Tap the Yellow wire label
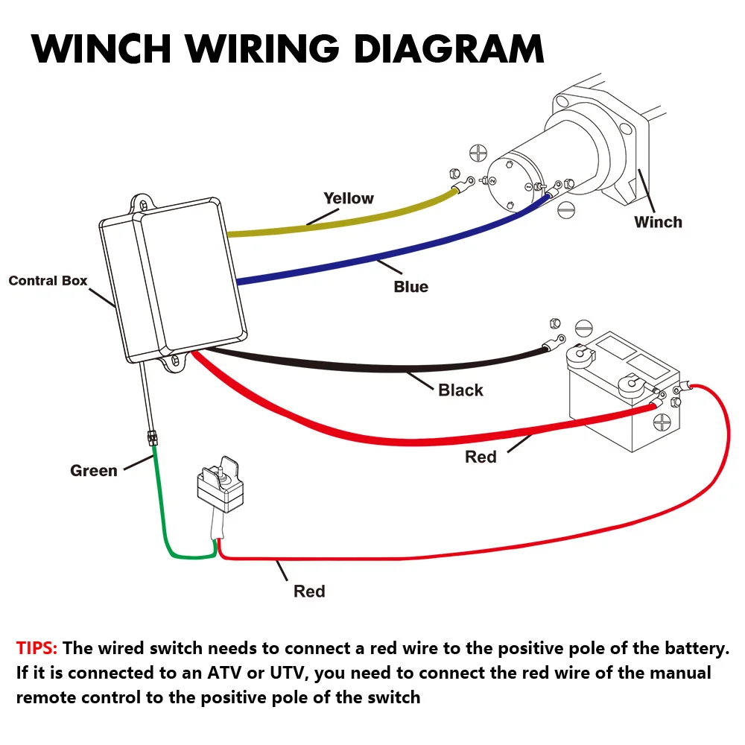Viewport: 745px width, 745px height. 348,198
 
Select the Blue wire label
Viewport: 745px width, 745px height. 410,287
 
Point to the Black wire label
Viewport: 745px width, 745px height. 460,390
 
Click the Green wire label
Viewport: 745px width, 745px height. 93,471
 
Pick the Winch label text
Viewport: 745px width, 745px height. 658,221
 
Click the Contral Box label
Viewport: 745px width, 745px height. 48,281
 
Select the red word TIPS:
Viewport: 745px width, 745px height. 37,648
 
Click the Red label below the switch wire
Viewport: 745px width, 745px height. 309,592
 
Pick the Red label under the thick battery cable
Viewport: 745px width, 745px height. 481,457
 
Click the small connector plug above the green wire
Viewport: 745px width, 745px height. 153,437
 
